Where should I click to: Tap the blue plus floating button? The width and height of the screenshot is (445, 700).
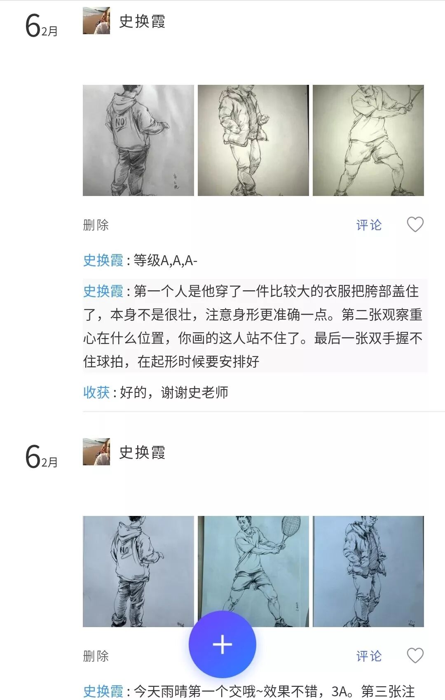click(222, 644)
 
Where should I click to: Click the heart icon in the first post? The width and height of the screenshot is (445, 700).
click(415, 224)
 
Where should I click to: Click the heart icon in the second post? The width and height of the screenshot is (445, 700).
click(415, 655)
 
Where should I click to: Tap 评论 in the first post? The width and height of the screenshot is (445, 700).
click(369, 225)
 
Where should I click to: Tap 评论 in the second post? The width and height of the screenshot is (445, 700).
click(369, 656)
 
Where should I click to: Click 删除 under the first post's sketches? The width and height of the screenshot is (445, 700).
click(96, 225)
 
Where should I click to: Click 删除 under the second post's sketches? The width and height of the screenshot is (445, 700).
click(96, 656)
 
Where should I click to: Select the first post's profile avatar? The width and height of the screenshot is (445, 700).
click(96, 21)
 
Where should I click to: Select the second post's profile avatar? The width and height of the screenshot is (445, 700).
click(96, 452)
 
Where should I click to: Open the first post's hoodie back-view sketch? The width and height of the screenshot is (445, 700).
click(138, 140)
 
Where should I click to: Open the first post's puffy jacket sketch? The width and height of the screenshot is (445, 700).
click(253, 140)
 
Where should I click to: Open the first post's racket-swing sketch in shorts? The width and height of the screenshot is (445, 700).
click(368, 140)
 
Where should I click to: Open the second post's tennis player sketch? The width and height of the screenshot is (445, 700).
click(253, 571)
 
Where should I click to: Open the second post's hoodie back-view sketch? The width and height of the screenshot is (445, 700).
click(138, 571)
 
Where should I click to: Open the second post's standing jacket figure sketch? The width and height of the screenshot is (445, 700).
click(368, 571)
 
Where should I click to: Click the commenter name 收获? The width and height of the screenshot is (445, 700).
click(96, 392)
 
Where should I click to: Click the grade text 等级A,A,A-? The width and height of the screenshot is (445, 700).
click(165, 260)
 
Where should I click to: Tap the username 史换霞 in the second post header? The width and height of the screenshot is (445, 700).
click(142, 453)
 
